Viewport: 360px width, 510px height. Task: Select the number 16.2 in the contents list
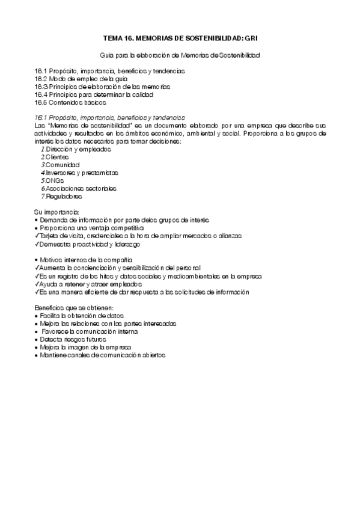tap(40, 79)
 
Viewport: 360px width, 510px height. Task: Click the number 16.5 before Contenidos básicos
tap(40, 102)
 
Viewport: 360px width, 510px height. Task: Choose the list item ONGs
tap(54, 180)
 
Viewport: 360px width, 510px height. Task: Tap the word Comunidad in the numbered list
tap(63, 164)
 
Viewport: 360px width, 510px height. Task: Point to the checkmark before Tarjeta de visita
tap(37, 236)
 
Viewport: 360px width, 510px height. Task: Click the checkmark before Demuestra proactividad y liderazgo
tap(37, 244)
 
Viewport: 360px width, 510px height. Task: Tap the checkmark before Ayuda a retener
tap(37, 284)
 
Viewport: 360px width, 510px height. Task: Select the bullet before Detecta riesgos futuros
tap(37, 339)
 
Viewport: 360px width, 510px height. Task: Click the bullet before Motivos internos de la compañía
tap(37, 260)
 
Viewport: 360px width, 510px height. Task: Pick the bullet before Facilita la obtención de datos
tap(37, 315)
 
